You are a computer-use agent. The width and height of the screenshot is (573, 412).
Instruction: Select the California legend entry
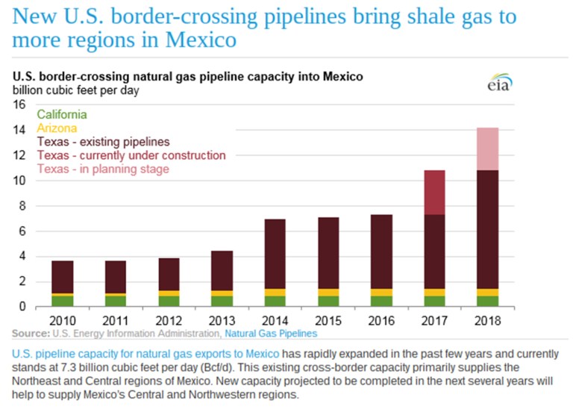click(62, 115)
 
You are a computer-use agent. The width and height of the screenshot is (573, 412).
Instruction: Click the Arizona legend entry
click(57, 128)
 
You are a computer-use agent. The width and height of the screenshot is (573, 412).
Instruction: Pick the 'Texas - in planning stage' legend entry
click(103, 169)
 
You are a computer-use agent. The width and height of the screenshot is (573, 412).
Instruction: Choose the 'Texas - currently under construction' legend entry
click(131, 155)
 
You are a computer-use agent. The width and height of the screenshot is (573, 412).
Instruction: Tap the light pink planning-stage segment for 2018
click(487, 149)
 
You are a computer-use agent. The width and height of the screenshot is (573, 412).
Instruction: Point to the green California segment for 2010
click(62, 301)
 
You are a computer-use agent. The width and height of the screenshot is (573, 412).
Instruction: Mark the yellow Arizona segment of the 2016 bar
click(381, 292)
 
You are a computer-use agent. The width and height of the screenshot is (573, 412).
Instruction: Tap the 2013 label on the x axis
click(222, 320)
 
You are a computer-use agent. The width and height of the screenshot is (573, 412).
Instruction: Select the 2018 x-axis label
click(487, 320)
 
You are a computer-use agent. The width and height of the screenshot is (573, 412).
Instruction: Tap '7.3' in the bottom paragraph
click(113, 366)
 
